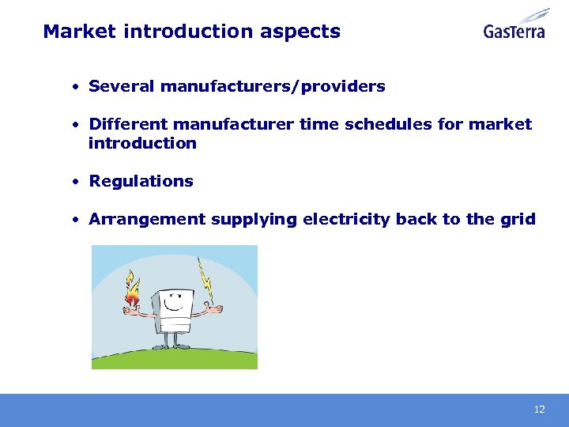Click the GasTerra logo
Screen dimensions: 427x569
click(x=516, y=25)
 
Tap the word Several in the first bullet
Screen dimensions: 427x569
click(x=122, y=86)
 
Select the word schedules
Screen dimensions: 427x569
click(x=394, y=124)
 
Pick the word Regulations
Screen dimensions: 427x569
click(x=141, y=181)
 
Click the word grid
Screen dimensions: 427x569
click(x=518, y=219)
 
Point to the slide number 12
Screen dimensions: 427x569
click(x=540, y=410)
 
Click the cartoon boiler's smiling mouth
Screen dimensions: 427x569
click(x=177, y=310)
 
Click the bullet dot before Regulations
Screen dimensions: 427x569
click(x=72, y=181)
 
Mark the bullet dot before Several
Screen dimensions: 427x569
click(x=72, y=86)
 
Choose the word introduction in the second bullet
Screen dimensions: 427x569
click(x=142, y=143)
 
